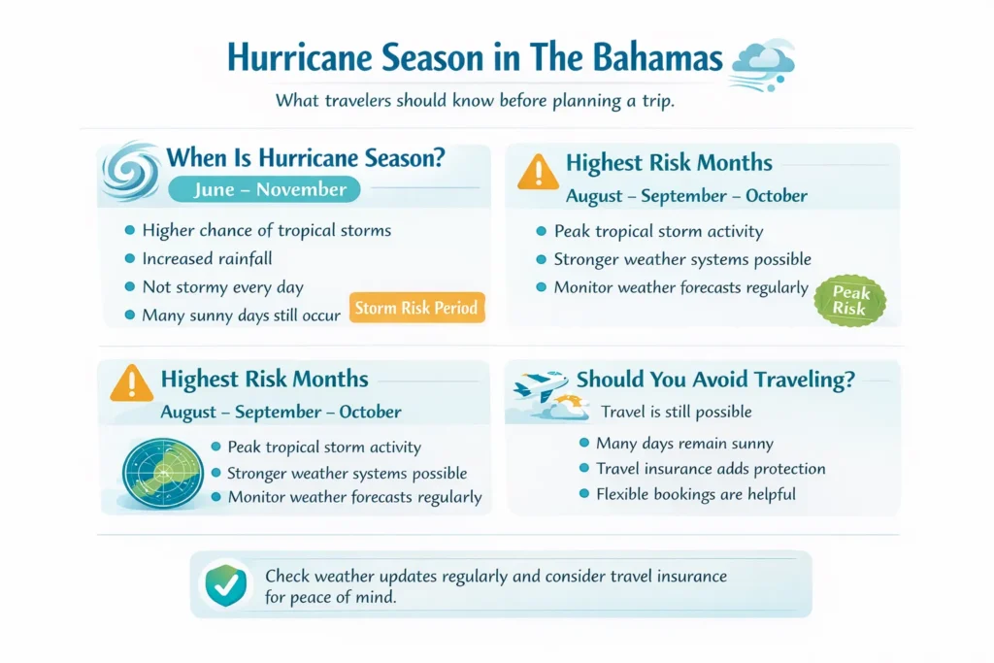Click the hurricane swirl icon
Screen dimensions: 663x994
130,172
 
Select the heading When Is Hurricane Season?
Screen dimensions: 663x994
307,158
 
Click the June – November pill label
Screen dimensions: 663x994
263,190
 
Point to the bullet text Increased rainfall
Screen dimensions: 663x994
206,259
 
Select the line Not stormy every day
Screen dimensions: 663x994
222,287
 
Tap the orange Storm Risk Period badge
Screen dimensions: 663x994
415,309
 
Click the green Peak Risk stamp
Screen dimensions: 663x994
849,298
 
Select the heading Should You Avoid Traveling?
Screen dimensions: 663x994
715,381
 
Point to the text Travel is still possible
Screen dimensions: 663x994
677,413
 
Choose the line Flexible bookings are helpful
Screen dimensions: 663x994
695,495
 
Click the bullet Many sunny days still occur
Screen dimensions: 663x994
241,315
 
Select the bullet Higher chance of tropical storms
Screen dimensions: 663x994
266,231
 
